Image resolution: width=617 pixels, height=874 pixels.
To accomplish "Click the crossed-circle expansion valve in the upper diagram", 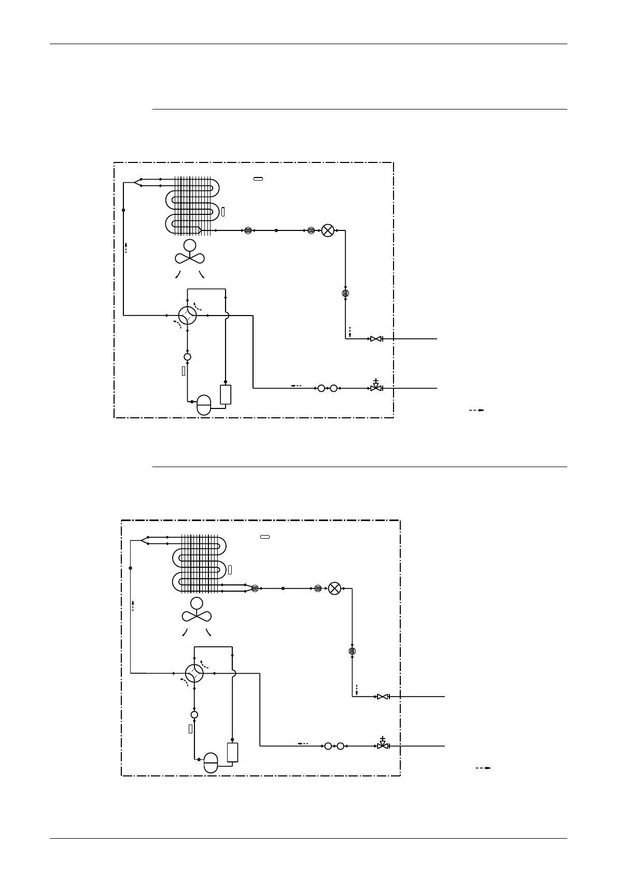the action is point(328,230).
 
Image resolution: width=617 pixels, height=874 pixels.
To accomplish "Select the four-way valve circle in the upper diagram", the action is point(187,315).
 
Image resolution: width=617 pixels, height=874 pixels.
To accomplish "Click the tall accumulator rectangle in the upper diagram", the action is point(226,394).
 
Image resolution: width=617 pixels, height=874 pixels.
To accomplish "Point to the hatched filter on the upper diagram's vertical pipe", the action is point(345,293).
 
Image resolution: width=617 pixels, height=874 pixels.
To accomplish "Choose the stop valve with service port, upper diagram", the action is point(376,387).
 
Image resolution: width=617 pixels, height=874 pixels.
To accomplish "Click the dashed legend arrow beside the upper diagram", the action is point(476,410).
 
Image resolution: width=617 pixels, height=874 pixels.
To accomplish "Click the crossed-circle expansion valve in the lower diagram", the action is point(335,589).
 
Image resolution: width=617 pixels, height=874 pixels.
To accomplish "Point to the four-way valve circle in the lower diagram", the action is point(194,673).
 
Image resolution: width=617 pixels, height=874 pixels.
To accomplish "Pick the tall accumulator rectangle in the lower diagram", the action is point(232,752).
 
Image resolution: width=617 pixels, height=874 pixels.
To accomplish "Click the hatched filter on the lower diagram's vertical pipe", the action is point(352,651).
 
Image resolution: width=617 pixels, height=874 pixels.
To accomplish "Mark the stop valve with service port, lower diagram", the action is point(383,745).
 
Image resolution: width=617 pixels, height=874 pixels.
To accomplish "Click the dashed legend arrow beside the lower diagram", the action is point(483,768).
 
